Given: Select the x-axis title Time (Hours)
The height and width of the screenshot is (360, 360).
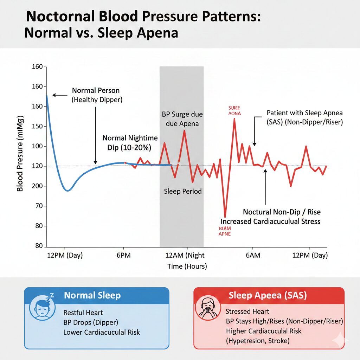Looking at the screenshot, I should click(x=187, y=266).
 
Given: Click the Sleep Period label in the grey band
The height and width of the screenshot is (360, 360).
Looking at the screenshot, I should click(x=183, y=191).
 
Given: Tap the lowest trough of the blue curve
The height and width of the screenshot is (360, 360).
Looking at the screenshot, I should click(x=68, y=191).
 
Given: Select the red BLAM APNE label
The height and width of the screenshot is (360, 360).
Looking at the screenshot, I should click(x=225, y=231).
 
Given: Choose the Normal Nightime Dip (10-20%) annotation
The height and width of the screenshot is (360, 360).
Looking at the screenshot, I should click(x=130, y=143).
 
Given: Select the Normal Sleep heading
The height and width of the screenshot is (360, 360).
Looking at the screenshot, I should click(x=92, y=295).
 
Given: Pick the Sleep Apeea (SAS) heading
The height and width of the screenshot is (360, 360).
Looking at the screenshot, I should click(x=268, y=295).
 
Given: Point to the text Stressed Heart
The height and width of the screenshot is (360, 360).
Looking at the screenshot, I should click(x=247, y=311).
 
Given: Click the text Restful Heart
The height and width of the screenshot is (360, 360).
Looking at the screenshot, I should click(x=83, y=313).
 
